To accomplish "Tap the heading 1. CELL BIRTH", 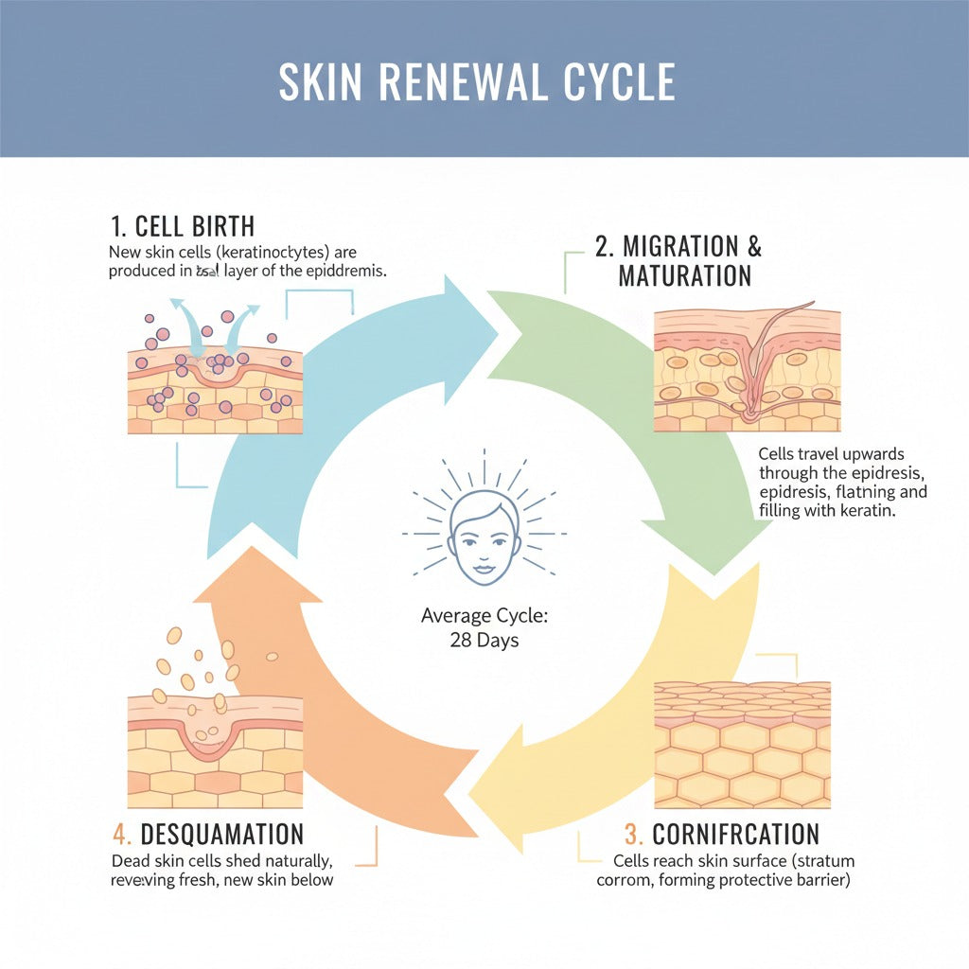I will [x=182, y=227].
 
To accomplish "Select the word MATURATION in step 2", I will [x=684, y=276].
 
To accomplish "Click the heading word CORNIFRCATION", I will [x=735, y=834].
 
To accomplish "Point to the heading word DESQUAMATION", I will [x=222, y=834].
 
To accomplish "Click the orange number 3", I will [x=633, y=834].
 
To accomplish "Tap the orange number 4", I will [x=120, y=834].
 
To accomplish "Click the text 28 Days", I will [x=484, y=640].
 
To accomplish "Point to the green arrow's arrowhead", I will [x=719, y=539].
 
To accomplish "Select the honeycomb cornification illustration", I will [x=742, y=745].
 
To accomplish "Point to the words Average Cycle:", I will [x=484, y=616].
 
